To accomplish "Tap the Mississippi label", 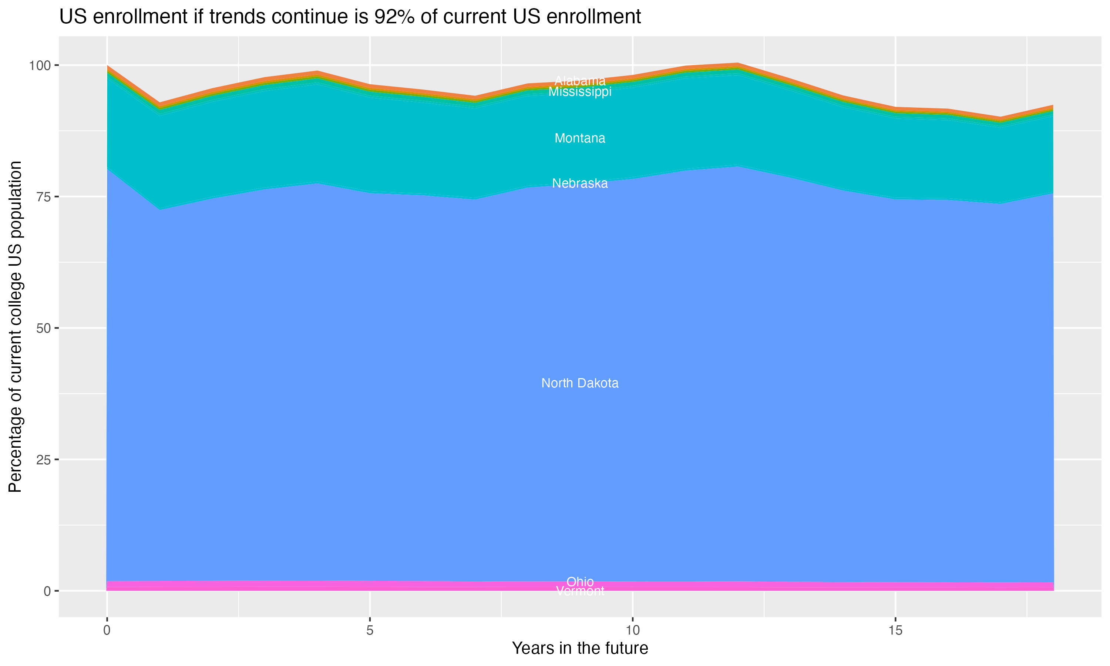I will [580, 92].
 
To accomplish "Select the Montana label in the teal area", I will [580, 138].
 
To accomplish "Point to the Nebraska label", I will [580, 184].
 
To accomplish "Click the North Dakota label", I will [580, 383].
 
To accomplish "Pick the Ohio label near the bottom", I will [580, 582].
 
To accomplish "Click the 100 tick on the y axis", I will [40, 66].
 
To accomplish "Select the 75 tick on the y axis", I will [43, 197].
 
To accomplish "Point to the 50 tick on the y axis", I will [43, 329].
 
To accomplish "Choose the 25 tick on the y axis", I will [43, 460].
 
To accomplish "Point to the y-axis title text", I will [16, 327].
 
